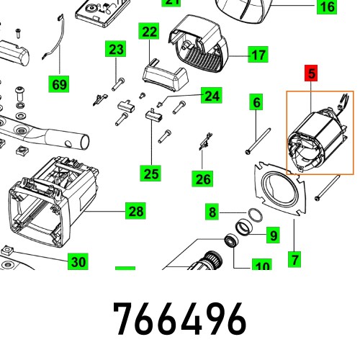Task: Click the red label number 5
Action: [312, 73]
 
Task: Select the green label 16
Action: [327, 7]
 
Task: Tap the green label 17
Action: [258, 54]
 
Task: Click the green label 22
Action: [149, 32]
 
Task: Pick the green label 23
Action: [116, 50]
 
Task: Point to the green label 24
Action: [210, 95]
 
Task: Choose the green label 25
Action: [150, 173]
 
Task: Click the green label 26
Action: [203, 179]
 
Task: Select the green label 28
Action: [135, 211]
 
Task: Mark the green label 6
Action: [256, 103]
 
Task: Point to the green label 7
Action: [294, 257]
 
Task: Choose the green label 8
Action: [212, 212]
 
